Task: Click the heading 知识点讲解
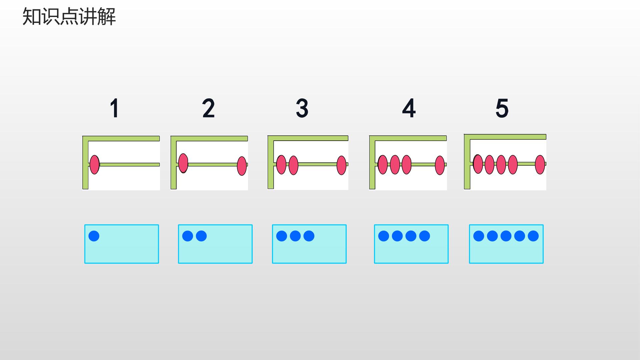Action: pyautogui.click(x=69, y=17)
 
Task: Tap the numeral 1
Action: pyautogui.click(x=115, y=108)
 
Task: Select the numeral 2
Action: pyautogui.click(x=208, y=108)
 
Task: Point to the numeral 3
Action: pyautogui.click(x=302, y=108)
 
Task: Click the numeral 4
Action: pyautogui.click(x=409, y=108)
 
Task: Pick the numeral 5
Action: pyautogui.click(x=502, y=108)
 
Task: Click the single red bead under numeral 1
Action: pyautogui.click(x=95, y=164)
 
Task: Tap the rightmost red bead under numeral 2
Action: pyautogui.click(x=242, y=166)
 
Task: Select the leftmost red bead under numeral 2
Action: pyautogui.click(x=183, y=163)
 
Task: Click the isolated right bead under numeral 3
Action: pyautogui.click(x=342, y=165)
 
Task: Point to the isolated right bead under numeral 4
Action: pyautogui.click(x=440, y=165)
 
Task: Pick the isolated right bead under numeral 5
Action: pyautogui.click(x=540, y=165)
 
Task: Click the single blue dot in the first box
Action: pyautogui.click(x=94, y=236)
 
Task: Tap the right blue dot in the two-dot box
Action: pyautogui.click(x=201, y=236)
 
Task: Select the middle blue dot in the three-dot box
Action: pyautogui.click(x=295, y=236)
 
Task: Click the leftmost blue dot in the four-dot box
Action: pyautogui.click(x=384, y=236)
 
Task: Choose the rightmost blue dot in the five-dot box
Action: pyautogui.click(x=533, y=236)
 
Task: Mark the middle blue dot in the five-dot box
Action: pyautogui.click(x=506, y=236)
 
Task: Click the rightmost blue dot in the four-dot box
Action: pyautogui.click(x=425, y=236)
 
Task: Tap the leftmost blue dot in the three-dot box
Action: pyautogui.click(x=282, y=236)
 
